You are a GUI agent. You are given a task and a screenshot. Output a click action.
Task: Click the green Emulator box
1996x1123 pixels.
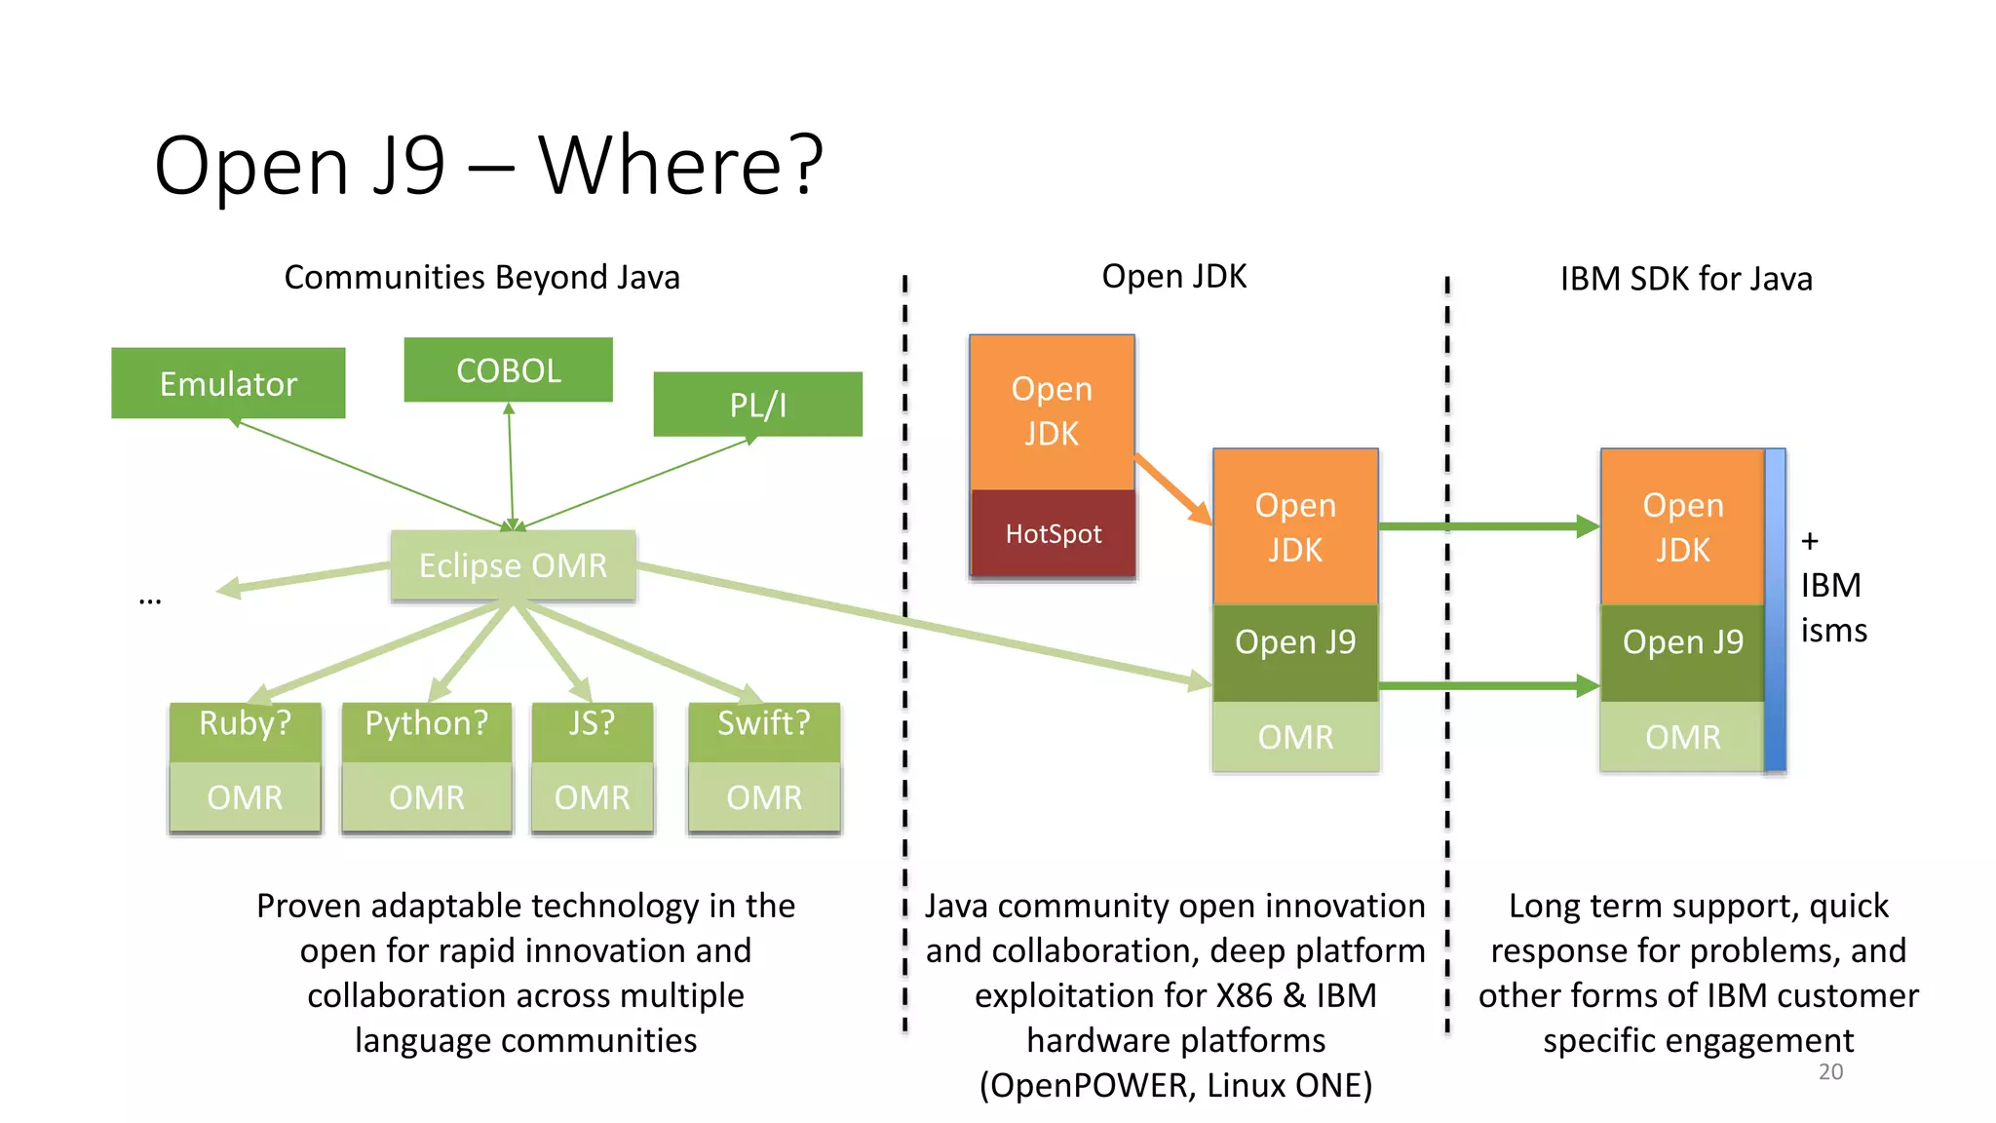click(x=228, y=383)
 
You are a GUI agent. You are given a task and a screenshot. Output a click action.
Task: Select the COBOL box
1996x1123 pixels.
click(x=508, y=369)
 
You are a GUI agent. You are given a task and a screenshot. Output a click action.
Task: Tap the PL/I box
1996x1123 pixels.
click(x=757, y=404)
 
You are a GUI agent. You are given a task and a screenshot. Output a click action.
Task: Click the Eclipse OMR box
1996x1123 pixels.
click(x=513, y=565)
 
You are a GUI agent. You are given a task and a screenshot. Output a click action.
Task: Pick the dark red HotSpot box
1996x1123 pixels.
click(x=1053, y=533)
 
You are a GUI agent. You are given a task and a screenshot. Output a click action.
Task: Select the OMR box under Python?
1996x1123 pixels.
click(x=426, y=797)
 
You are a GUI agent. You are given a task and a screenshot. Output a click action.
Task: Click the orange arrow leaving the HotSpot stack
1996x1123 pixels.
click(x=1172, y=489)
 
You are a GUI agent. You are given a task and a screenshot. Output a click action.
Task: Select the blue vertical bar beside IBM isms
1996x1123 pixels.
click(x=1775, y=609)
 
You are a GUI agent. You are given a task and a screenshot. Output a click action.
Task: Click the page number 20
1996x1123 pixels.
click(x=1830, y=1071)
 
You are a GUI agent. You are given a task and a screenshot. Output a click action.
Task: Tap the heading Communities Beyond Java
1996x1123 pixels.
click(x=481, y=278)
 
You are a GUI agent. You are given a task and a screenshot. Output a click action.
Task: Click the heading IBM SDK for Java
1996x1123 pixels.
click(x=1686, y=280)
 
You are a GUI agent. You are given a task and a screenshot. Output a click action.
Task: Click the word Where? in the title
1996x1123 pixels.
click(x=680, y=166)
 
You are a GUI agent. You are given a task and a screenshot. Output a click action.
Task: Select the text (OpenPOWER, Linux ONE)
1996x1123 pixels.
click(x=1175, y=1085)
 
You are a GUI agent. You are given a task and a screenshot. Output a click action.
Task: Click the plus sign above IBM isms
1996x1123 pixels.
click(x=1810, y=541)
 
